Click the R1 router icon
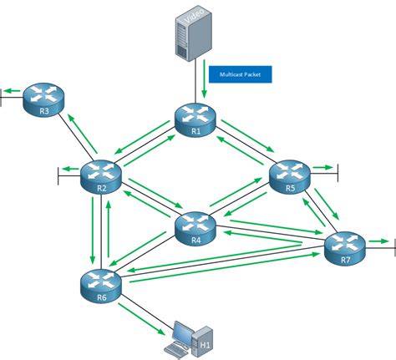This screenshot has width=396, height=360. pos(195,119)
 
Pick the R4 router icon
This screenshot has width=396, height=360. pos(195,226)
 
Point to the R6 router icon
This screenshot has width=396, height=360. pos(101,284)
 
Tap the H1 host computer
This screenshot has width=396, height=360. pos(185,337)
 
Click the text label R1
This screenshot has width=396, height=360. pos(195,131)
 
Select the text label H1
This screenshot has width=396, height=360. pos(204,342)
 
